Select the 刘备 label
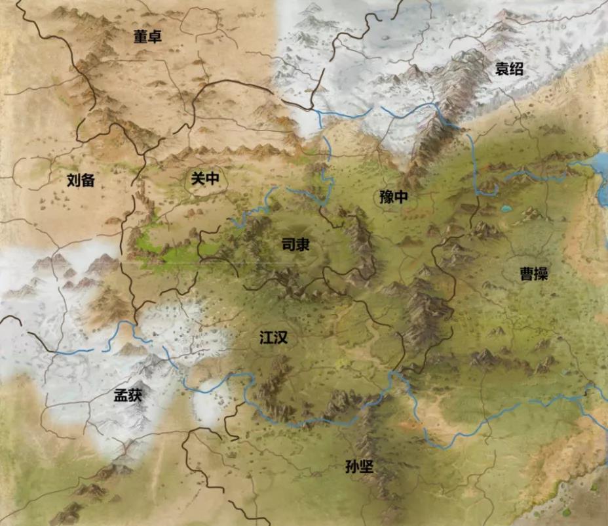tap(81, 180)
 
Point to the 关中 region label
tap(205, 178)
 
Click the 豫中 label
tap(393, 196)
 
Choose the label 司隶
tap(295, 245)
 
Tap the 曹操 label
tap(534, 274)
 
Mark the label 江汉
tap(274, 339)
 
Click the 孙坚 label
tap(358, 466)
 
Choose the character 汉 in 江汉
tap(281, 339)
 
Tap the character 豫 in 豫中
tap(386, 196)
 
